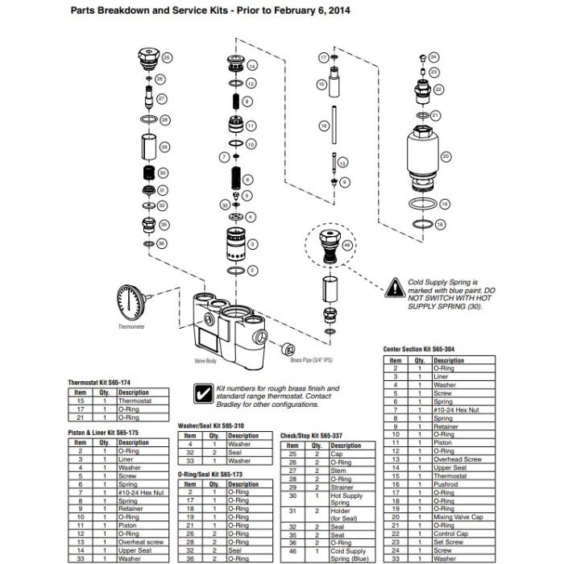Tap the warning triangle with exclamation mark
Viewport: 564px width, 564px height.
394,286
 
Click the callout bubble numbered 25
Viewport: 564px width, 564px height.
168,58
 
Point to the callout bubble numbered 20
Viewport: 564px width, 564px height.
445,156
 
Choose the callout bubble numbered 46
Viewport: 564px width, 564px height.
347,243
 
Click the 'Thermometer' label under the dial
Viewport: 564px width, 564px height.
131,328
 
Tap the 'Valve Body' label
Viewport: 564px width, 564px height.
206,362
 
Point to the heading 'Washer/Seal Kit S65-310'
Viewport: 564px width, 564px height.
210,425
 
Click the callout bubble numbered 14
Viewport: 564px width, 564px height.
251,65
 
